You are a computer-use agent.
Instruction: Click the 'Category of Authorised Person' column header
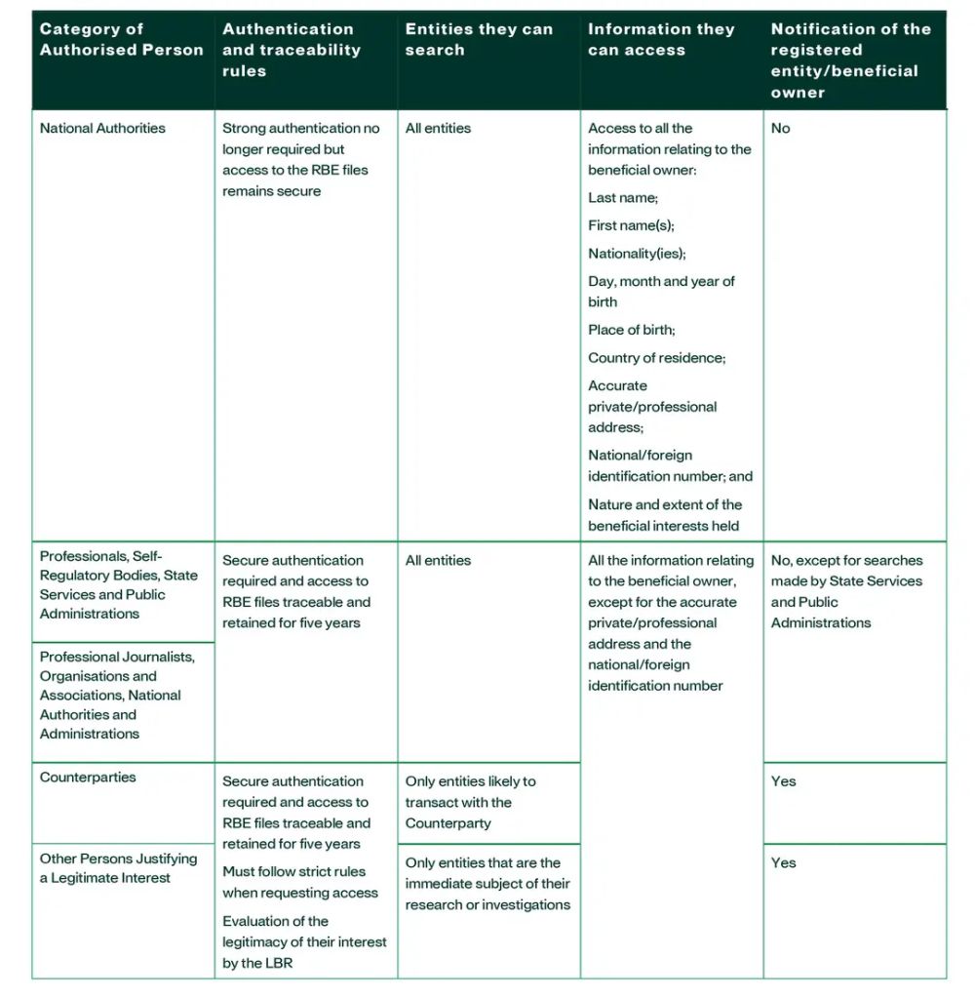121,39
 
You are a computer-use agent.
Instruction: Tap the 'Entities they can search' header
479,39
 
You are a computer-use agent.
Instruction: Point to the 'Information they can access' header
661,39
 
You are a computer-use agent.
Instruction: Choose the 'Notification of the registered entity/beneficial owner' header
850,60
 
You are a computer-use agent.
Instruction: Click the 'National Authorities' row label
102,128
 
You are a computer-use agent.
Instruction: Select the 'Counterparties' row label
88,778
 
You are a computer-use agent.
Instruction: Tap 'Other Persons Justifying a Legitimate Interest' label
118,868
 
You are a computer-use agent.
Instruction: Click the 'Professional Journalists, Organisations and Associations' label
117,695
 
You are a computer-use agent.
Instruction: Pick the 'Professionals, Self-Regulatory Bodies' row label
117,584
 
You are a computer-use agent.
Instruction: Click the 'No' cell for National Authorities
780,128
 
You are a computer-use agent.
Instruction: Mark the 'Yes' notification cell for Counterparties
783,781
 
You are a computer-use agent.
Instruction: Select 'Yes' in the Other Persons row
783,862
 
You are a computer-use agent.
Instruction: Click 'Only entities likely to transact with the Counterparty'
470,802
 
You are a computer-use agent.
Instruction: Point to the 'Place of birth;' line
631,330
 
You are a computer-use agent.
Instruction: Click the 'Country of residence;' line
656,358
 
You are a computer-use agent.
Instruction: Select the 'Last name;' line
623,197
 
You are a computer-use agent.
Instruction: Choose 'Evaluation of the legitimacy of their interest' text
304,941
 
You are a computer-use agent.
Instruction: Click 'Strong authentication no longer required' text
300,139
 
